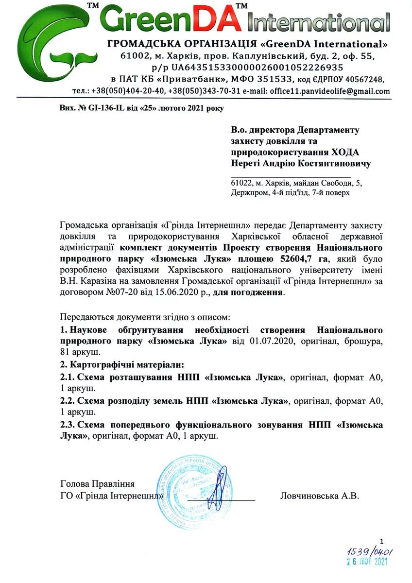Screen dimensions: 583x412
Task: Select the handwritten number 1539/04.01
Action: (x=370, y=552)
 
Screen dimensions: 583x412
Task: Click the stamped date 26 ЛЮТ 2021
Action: (x=367, y=562)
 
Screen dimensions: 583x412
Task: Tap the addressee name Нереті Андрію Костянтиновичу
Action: (x=301, y=164)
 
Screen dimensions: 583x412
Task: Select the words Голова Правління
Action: (x=97, y=484)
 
